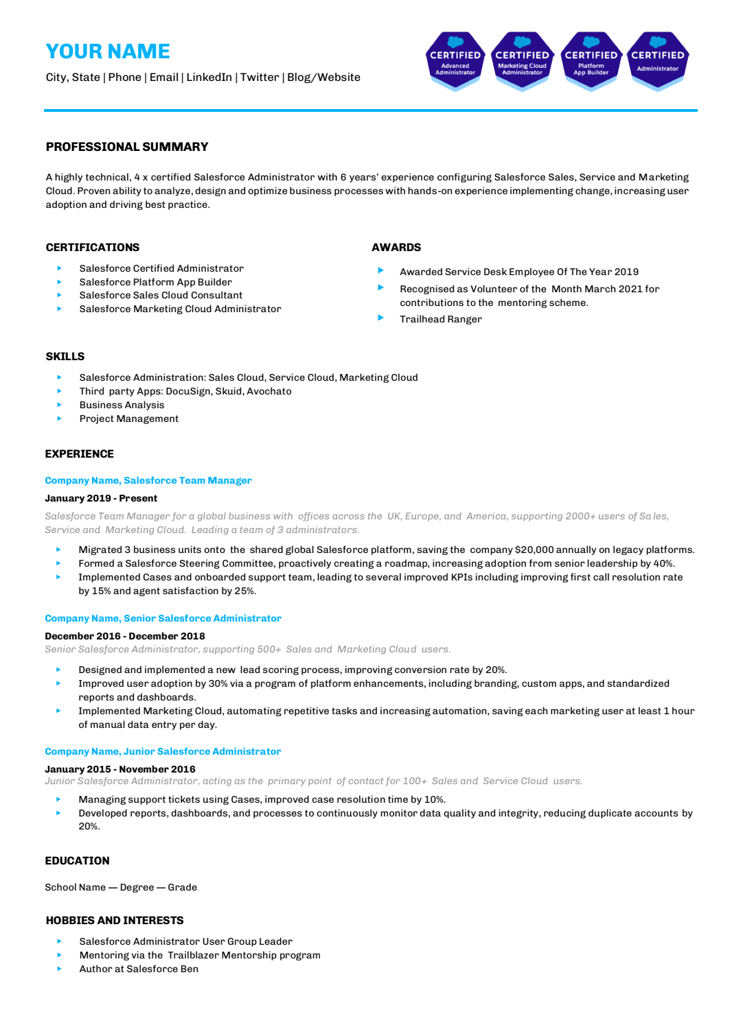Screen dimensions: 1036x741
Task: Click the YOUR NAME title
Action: (108, 51)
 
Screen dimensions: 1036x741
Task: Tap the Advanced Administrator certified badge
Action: (455, 60)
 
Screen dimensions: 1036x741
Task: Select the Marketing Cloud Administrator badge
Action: (522, 60)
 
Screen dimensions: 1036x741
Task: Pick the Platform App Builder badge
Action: (591, 60)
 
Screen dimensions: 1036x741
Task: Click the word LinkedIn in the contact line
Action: (209, 78)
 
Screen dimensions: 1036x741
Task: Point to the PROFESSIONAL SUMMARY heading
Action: (127, 147)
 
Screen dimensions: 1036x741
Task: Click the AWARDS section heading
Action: (396, 247)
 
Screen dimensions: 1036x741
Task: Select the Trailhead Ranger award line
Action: (441, 319)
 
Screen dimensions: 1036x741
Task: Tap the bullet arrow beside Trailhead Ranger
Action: (380, 318)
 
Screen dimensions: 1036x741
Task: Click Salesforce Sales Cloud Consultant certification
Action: (161, 295)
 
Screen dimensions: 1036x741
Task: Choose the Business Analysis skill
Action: (122, 405)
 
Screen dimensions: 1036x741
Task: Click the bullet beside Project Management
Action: (60, 419)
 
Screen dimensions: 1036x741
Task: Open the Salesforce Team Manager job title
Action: (187, 480)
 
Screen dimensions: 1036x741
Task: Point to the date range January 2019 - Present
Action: (101, 498)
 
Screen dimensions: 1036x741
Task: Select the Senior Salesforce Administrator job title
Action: (202, 618)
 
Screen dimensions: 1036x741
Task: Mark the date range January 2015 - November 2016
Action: (120, 769)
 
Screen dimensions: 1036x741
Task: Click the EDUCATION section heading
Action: (77, 860)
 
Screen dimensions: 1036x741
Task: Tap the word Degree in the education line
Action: (137, 887)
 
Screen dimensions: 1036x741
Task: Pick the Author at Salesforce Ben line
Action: (139, 969)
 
